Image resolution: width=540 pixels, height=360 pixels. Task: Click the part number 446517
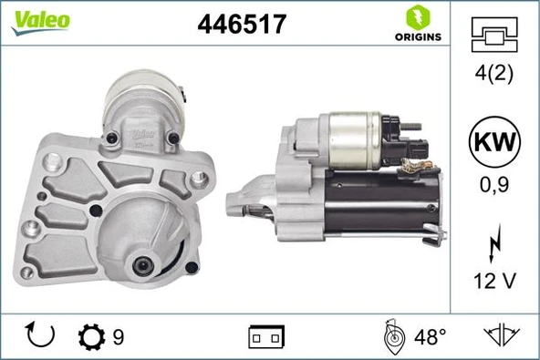tap(243, 26)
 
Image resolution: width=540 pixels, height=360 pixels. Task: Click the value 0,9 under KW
tap(493, 184)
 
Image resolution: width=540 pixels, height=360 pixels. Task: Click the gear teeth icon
tap(92, 337)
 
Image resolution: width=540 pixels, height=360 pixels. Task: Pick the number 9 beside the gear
tap(119, 337)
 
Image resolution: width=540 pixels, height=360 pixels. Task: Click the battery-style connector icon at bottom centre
tap(266, 337)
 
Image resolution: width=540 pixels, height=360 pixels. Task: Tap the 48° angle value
tap(429, 337)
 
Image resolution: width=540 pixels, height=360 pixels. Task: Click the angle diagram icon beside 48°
tap(394, 336)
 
